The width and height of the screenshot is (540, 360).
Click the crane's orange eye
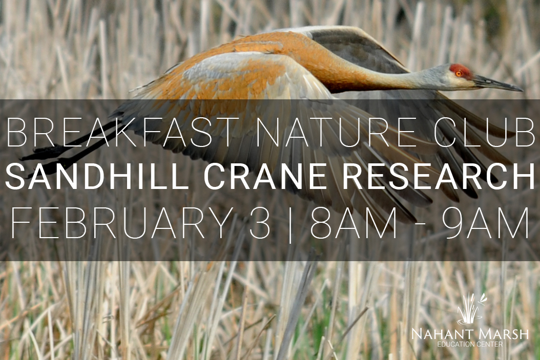(459, 73)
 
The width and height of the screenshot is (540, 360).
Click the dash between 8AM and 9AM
(420, 226)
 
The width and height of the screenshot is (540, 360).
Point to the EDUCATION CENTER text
(470, 344)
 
